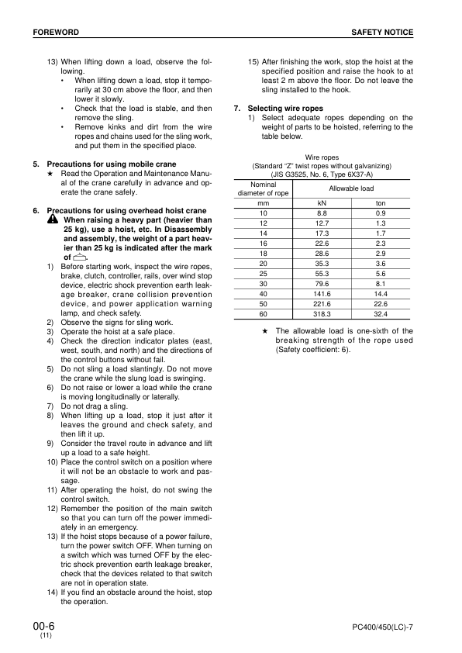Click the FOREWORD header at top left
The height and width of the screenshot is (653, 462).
point(56,32)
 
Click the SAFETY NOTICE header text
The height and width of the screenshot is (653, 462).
point(382,32)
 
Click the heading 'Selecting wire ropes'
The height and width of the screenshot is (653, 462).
point(285,108)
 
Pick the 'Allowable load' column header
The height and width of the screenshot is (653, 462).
point(351,188)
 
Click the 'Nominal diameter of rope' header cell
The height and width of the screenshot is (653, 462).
point(263,188)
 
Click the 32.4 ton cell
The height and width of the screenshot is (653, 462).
point(381,315)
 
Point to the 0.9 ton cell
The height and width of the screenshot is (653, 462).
point(381,213)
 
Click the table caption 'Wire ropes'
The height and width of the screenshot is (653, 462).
point(322,157)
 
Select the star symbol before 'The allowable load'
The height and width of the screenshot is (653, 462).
point(265,331)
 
